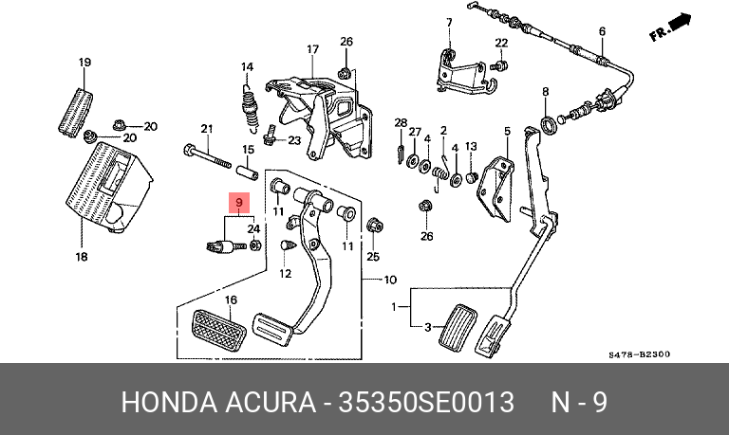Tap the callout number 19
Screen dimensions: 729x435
point(84,63)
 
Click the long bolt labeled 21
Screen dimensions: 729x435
point(207,153)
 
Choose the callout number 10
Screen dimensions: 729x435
point(389,281)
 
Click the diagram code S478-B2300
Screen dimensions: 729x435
point(639,354)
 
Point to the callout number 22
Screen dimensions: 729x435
point(501,43)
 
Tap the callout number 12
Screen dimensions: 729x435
point(283,274)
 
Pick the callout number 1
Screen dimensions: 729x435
point(396,307)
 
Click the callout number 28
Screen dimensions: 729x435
point(401,123)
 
